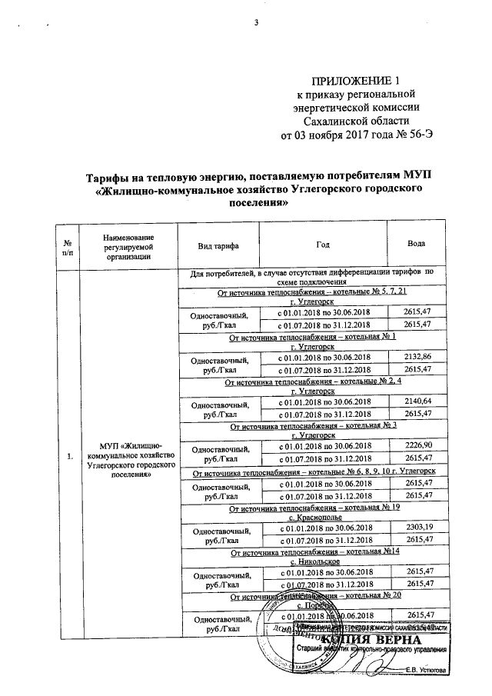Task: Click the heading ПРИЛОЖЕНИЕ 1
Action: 356,81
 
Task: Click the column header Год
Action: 323,244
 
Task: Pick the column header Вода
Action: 417,244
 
